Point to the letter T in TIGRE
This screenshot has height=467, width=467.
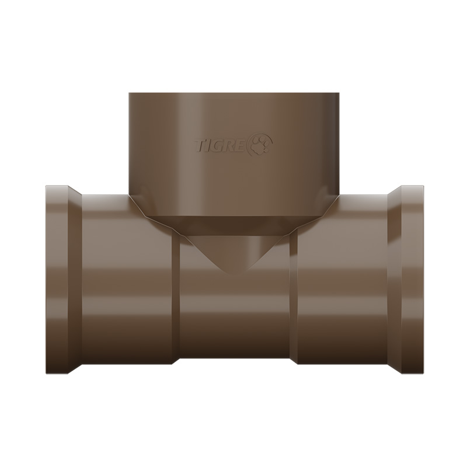(x=200, y=145)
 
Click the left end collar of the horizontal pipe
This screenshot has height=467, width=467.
(x=57, y=280)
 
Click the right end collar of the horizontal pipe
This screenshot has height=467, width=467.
(x=413, y=279)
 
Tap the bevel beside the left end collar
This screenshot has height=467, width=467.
(x=75, y=280)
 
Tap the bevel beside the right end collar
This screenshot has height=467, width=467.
(x=395, y=279)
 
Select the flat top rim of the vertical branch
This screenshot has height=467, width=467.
(x=234, y=93)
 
